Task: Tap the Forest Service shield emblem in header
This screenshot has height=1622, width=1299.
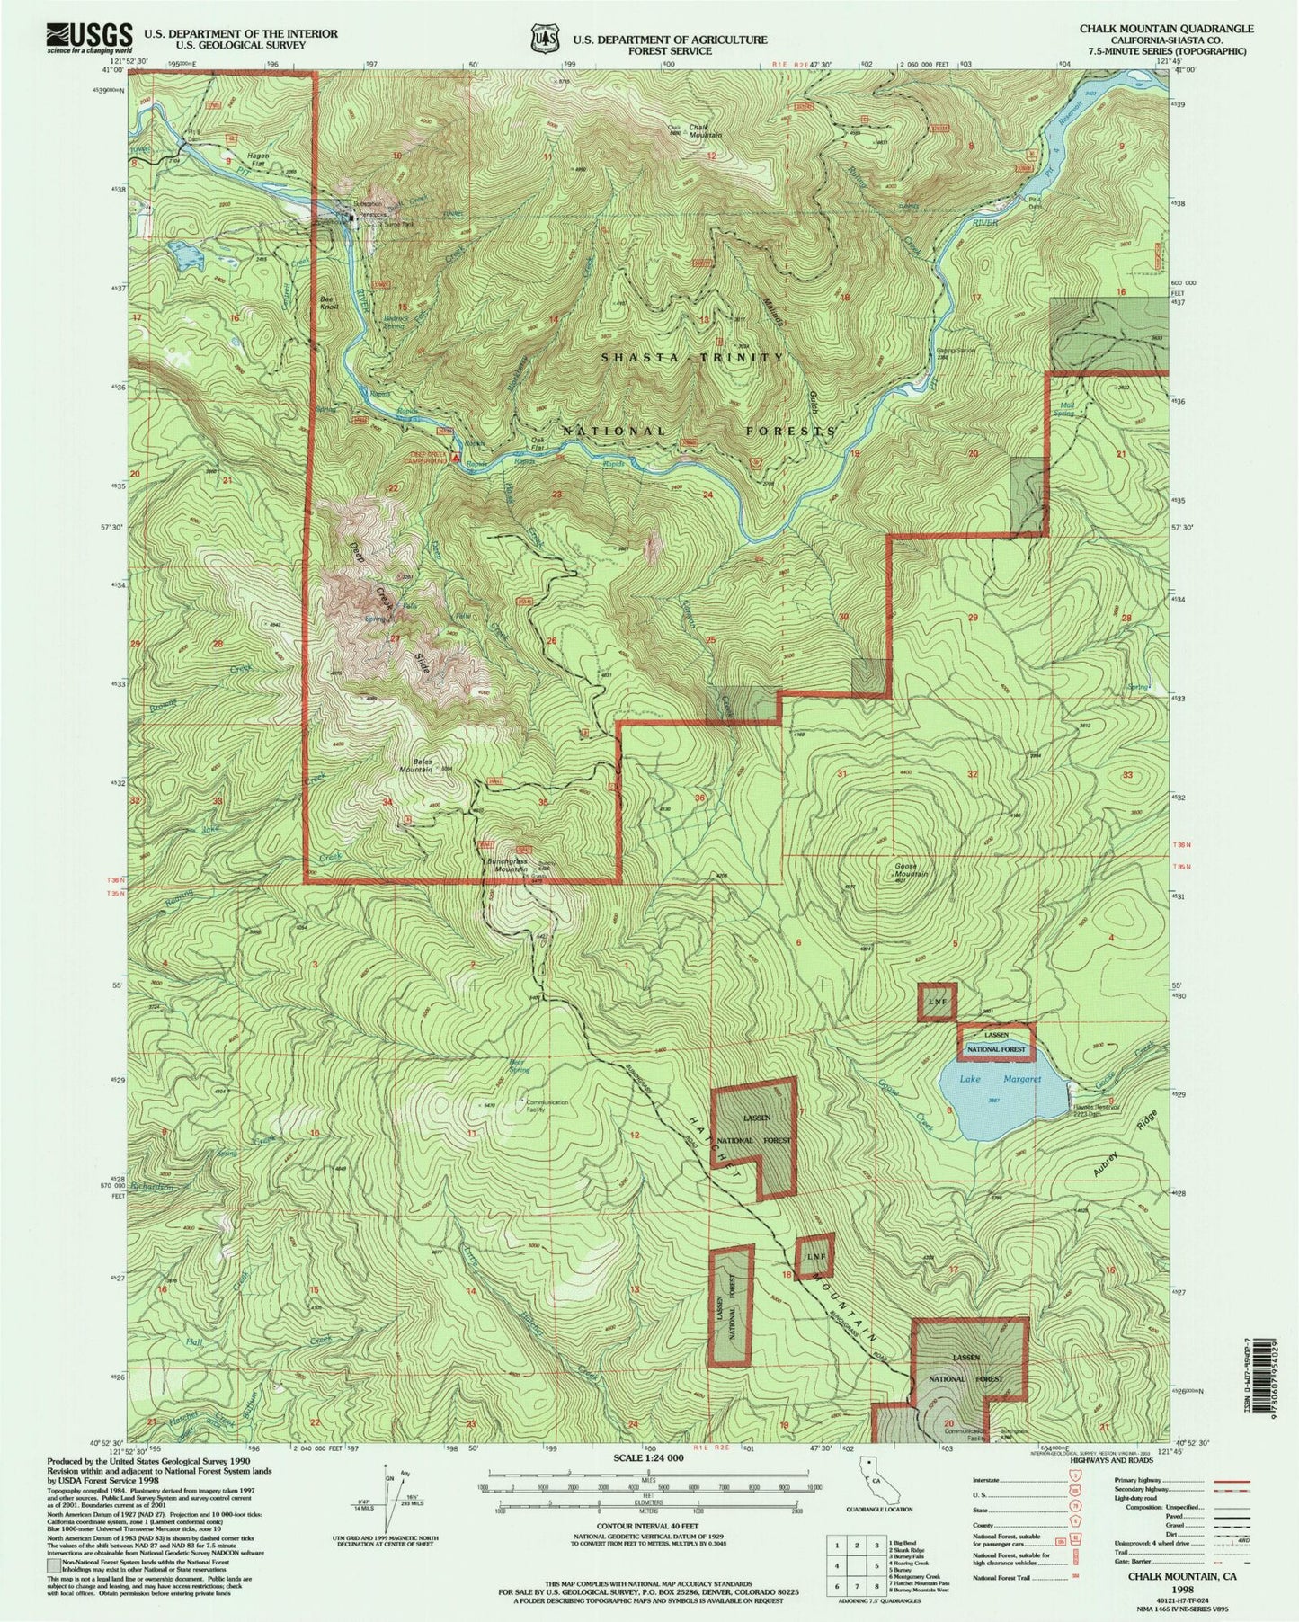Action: (x=539, y=40)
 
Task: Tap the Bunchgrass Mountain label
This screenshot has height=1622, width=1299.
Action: (x=506, y=866)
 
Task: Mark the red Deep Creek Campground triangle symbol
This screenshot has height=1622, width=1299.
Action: (x=456, y=459)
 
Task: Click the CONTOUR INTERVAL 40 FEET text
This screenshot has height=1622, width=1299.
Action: (x=647, y=1526)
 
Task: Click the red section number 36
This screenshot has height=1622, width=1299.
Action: (x=700, y=798)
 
